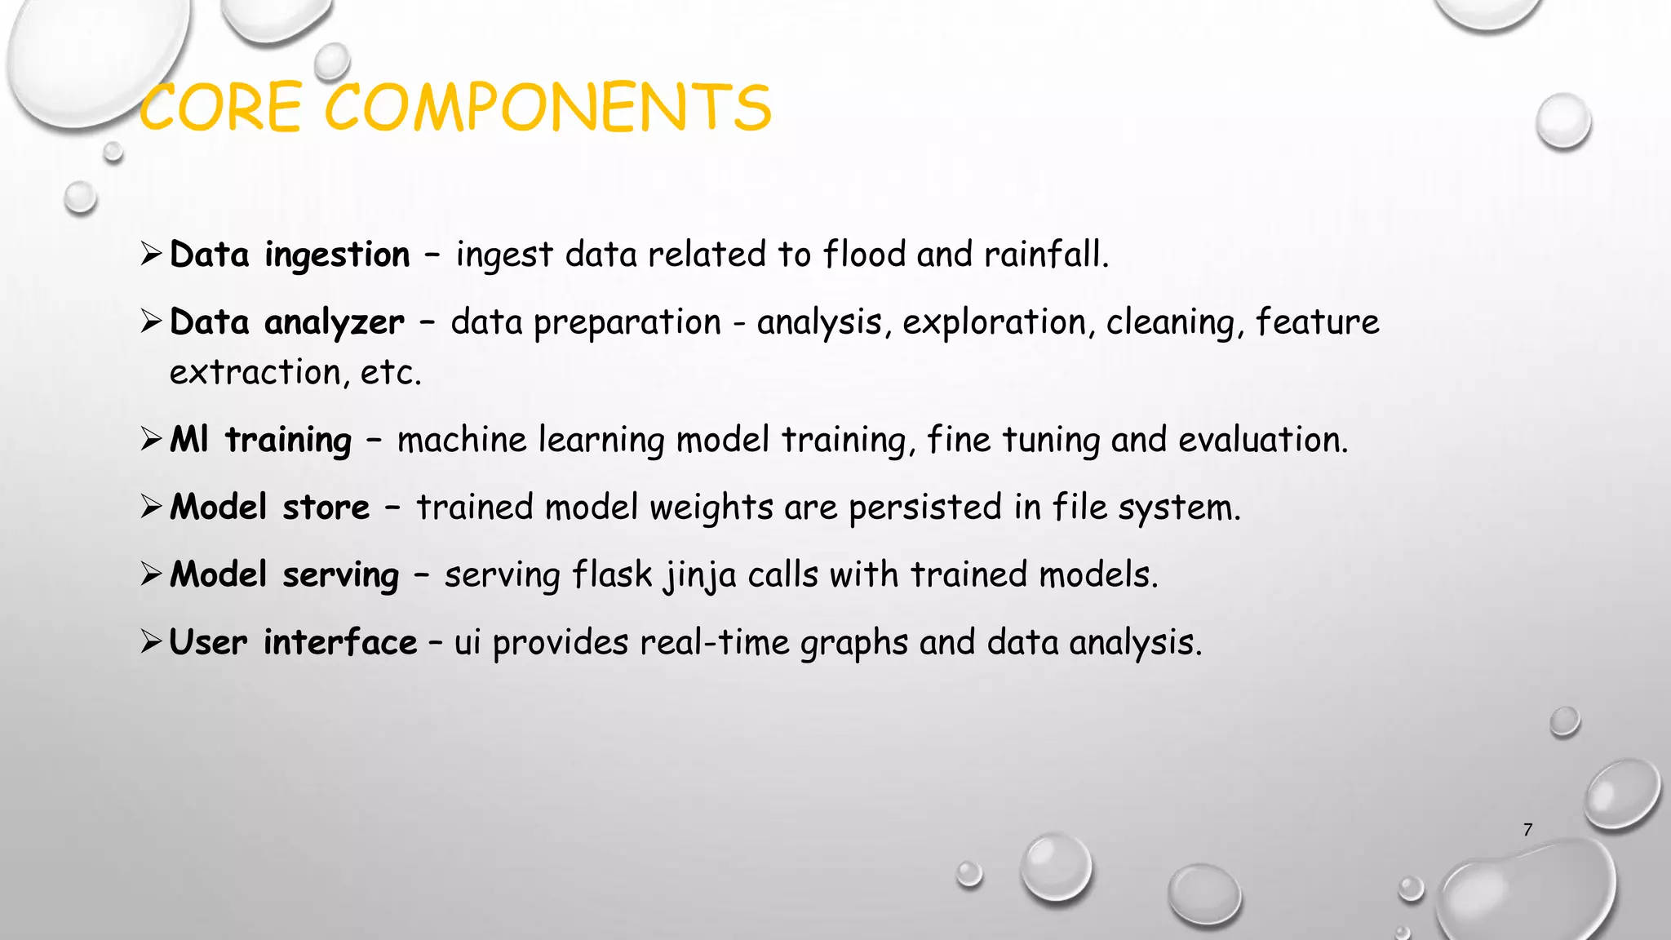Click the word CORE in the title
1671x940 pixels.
coord(220,109)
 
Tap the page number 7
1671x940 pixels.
coord(1527,830)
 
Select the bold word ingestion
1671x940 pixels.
coord(337,255)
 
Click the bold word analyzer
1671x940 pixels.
coord(334,323)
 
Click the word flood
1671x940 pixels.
coord(864,255)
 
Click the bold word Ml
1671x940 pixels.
coord(189,440)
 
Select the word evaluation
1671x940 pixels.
coord(1262,440)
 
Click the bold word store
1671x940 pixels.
coord(326,508)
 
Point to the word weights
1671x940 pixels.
coord(711,508)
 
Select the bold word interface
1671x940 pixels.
coord(339,643)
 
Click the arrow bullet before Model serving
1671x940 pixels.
coord(152,575)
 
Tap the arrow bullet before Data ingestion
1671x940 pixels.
coord(152,255)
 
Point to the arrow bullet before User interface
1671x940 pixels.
coord(152,643)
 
